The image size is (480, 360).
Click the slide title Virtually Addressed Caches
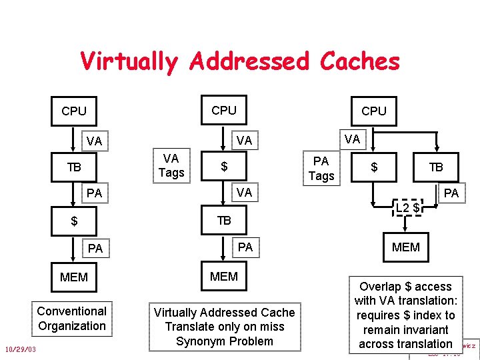[x=239, y=61]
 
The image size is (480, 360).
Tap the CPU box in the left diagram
[x=74, y=111]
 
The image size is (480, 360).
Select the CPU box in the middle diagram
[x=224, y=110]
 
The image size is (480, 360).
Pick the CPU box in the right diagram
[x=373, y=111]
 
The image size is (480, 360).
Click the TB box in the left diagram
[x=74, y=167]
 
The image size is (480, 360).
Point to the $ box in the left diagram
[x=74, y=221]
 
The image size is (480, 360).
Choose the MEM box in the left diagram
[x=74, y=277]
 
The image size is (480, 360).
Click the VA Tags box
[x=171, y=166]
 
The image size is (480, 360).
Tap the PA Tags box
[x=321, y=168]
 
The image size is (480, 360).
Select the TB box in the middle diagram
[x=224, y=221]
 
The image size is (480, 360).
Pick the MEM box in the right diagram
[x=406, y=247]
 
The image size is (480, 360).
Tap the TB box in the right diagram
[x=436, y=167]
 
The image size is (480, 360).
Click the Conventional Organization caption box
[x=71, y=319]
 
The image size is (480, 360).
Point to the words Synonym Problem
[x=224, y=341]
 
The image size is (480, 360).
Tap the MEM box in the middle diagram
[x=224, y=276]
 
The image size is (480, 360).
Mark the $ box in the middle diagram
[x=225, y=167]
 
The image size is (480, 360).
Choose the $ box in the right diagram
[x=374, y=167]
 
